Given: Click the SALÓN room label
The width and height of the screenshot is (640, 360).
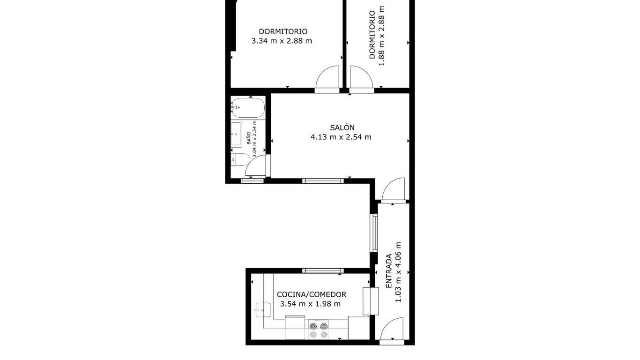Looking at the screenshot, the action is (342, 127).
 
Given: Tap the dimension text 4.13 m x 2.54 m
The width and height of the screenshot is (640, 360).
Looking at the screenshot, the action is (341, 137).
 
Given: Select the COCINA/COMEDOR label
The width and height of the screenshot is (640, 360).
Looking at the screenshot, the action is (312, 294).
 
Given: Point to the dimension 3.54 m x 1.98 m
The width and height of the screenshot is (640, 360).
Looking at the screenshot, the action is (310, 304).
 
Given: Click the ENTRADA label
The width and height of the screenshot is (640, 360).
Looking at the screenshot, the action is (388, 271).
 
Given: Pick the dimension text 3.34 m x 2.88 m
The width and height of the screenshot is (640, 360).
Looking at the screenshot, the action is (282, 41).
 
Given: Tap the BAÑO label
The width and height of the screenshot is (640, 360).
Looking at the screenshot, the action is (249, 138).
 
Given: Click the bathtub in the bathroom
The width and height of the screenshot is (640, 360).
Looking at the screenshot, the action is (248, 108).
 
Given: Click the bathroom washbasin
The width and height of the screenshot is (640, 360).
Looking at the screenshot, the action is (236, 134).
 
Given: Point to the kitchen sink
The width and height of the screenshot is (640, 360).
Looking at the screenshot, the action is (263, 310).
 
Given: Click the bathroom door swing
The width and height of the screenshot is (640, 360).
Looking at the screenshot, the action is (256, 166).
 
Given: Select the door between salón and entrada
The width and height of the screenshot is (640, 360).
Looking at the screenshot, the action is (394, 189).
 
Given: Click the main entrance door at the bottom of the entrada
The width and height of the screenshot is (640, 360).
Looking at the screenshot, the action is (392, 330).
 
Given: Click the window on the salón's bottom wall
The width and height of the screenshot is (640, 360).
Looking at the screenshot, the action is (323, 181).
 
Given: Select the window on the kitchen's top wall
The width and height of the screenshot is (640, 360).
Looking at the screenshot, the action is (323, 271).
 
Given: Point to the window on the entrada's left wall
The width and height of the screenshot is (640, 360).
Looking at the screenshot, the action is (374, 233).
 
